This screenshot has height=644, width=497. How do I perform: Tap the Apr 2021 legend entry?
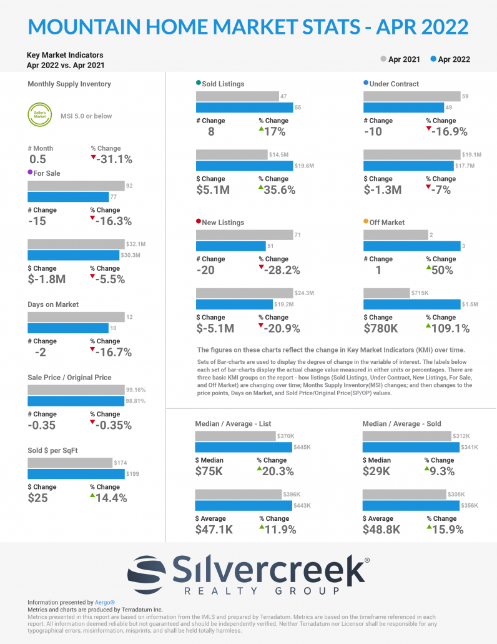tap(401, 59)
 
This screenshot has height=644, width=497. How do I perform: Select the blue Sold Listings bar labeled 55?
tap(244, 108)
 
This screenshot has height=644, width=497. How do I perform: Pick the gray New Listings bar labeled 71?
tap(244, 234)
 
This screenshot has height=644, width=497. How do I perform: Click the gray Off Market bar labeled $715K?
tap(386, 293)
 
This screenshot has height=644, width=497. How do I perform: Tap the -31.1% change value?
tap(114, 159)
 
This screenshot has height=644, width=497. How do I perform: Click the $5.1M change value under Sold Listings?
tap(213, 190)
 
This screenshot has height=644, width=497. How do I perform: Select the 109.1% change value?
tap(448, 328)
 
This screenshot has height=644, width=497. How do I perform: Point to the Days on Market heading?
tap(53, 304)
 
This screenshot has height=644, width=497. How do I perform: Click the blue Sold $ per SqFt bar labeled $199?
tap(76, 474)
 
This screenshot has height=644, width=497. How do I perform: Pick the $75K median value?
tap(209, 471)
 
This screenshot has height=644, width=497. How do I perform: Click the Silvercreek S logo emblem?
tap(149, 570)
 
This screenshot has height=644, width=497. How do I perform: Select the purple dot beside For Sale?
tap(31, 173)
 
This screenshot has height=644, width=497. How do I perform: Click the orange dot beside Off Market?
tap(366, 222)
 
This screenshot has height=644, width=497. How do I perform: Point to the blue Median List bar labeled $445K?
tap(244, 447)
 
